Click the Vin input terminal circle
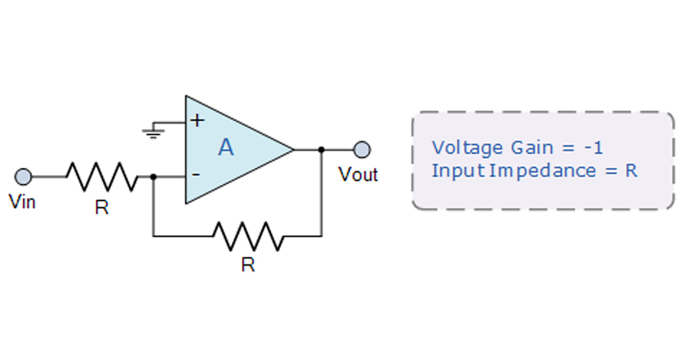pos(23,176)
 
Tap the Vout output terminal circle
pos(363,150)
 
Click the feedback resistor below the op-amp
pos(248,235)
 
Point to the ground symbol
pos(151,131)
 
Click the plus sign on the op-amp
pos(195,120)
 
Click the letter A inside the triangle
pos(226,148)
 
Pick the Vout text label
pos(358,175)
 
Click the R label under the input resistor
pos(102,208)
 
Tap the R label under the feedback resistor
pos(248,265)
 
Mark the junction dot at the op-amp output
pos(321,150)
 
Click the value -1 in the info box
pos(593,148)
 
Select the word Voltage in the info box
pos(467,148)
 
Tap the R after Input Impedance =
pos(631,171)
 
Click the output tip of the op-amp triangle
pos(293,150)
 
